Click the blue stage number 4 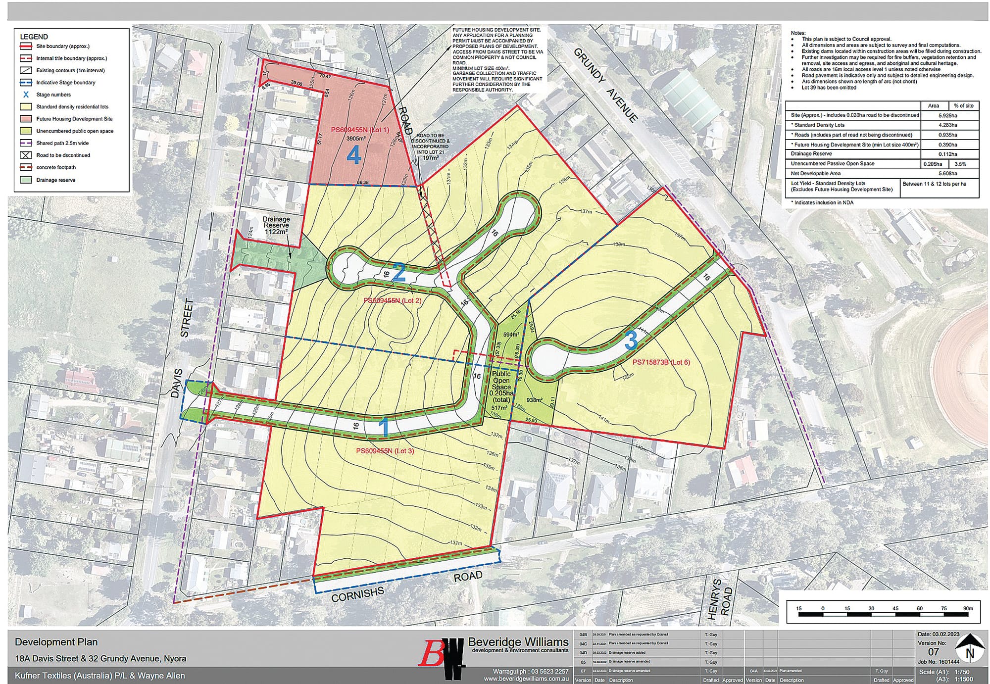[x=353, y=156]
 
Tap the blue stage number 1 [x=384, y=427]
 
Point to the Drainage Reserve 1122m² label [x=276, y=226]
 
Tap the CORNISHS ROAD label [x=406, y=585]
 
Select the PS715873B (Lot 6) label [x=661, y=362]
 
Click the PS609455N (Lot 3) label [x=385, y=451]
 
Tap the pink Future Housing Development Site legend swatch [x=26, y=119]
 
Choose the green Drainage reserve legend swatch [x=26, y=180]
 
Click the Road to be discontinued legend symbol [x=26, y=155]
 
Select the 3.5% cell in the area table [x=963, y=164]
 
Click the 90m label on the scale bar [x=968, y=608]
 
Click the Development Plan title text [x=56, y=642]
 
